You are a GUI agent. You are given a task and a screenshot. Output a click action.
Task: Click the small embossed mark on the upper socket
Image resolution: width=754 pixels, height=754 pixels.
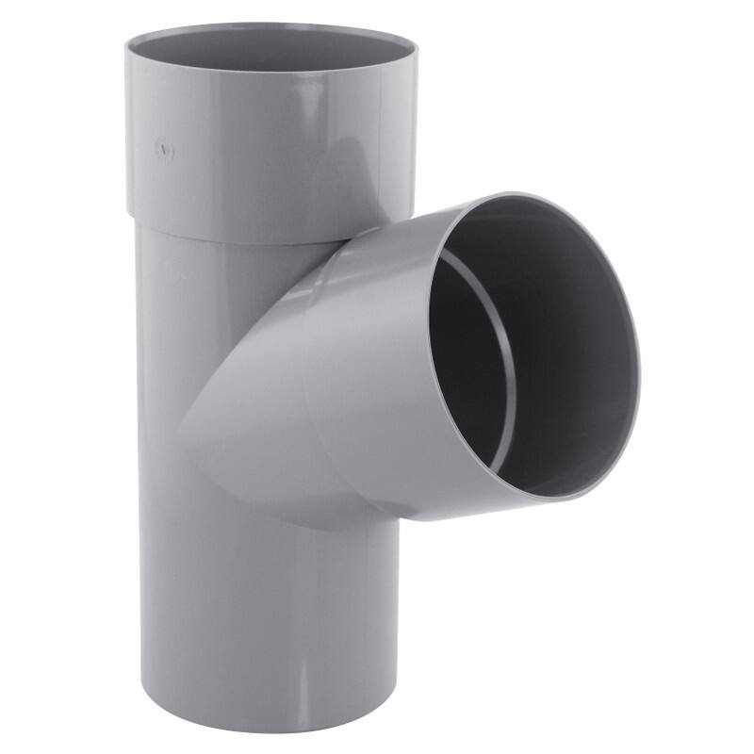pos(165,150)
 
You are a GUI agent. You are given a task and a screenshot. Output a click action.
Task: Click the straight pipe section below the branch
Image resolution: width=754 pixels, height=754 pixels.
pos(269,613)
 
